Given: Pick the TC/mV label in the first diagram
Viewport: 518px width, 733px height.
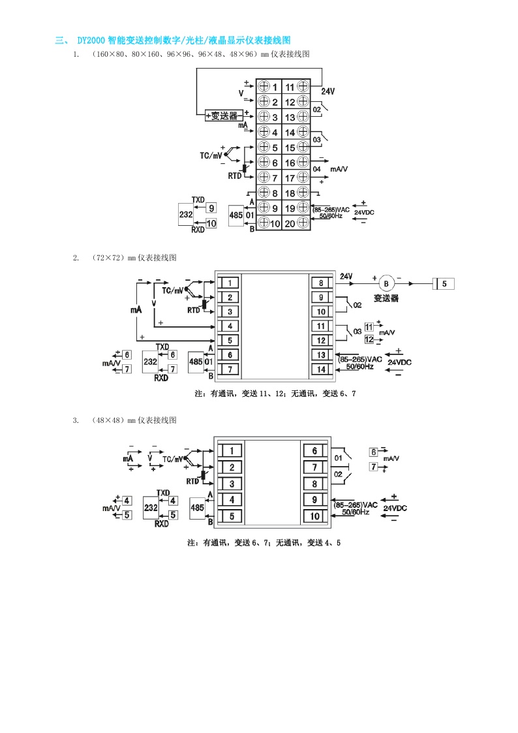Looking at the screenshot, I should click(211, 156).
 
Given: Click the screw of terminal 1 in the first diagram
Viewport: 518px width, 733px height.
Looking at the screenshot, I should click(264, 87).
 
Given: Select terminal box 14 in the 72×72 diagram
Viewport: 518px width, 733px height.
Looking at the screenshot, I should click(321, 369).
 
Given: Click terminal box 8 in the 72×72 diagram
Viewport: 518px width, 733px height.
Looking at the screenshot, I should click(321, 283).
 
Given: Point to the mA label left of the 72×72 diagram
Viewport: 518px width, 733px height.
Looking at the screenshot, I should click(136, 311).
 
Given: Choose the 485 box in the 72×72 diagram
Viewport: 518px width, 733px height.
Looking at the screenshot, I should click(195, 361).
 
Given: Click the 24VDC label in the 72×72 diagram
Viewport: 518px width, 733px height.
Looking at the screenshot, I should click(400, 362).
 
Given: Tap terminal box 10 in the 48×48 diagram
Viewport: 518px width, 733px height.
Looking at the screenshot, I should click(314, 516).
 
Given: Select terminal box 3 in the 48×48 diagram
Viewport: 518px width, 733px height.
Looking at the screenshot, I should click(231, 484).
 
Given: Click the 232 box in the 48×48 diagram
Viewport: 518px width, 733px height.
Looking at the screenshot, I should click(151, 507).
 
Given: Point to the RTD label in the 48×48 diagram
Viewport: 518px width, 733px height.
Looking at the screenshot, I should click(192, 481).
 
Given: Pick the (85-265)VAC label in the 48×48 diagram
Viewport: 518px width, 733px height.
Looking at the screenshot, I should click(356, 505).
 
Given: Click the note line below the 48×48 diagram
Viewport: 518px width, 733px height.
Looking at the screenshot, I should click(264, 542).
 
